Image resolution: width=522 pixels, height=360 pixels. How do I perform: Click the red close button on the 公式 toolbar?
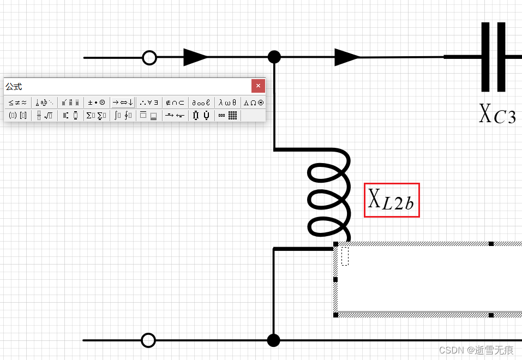click(x=258, y=86)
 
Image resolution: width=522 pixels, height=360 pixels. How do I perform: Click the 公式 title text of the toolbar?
click(x=14, y=87)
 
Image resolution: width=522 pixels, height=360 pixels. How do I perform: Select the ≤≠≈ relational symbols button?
click(x=17, y=102)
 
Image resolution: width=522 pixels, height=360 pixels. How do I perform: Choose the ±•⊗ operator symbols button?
click(x=97, y=102)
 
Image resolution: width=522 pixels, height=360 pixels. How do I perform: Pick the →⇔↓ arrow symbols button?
click(x=123, y=102)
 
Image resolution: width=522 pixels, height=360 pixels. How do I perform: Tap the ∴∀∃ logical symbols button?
click(x=149, y=102)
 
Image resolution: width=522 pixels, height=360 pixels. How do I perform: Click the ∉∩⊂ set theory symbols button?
click(x=175, y=102)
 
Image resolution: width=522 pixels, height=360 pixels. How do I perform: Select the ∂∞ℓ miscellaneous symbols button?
click(x=201, y=102)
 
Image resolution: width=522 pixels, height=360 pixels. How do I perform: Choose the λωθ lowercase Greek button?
click(x=227, y=102)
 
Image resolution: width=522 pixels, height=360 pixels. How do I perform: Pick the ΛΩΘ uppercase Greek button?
click(x=254, y=102)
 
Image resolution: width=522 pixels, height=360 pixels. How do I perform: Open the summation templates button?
click(x=97, y=115)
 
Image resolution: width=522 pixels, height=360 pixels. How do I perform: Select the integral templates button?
click(x=123, y=115)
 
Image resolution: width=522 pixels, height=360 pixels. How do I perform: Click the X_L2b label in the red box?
click(x=391, y=200)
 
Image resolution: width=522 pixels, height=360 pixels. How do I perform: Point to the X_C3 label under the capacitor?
click(x=497, y=115)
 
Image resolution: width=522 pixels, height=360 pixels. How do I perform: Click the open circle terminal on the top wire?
click(x=149, y=57)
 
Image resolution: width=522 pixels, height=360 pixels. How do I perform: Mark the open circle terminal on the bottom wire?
click(x=148, y=340)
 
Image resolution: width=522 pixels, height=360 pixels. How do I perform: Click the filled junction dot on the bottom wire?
click(x=274, y=340)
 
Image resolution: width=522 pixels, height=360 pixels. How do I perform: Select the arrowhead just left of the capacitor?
click(x=347, y=57)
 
